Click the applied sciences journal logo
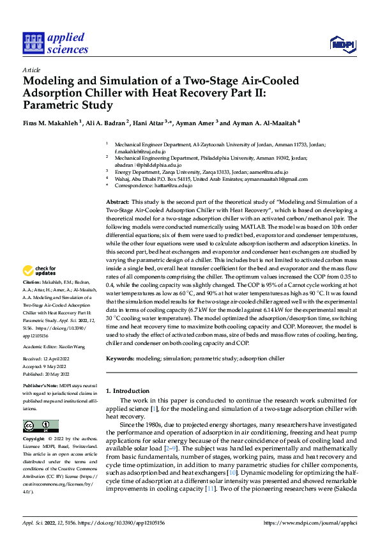point(55,43)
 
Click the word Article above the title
point(31,70)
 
